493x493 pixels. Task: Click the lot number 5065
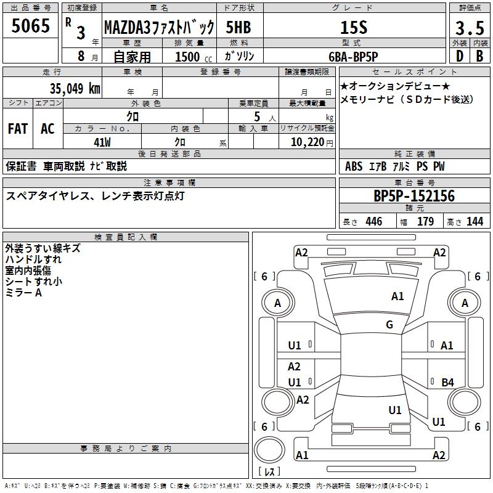tap(31, 26)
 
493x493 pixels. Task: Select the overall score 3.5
tap(469, 28)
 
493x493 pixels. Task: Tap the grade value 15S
tap(354, 28)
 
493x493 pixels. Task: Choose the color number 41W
tap(102, 141)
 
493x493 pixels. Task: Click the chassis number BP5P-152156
tap(414, 197)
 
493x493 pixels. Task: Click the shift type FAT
tap(17, 129)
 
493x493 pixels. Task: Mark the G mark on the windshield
tap(389, 325)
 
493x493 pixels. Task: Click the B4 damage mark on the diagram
tap(447, 382)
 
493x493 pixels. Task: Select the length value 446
tap(373, 222)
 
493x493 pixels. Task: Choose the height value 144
tap(475, 222)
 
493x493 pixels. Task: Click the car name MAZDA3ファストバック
tap(158, 28)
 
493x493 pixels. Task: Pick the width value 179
tap(425, 222)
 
